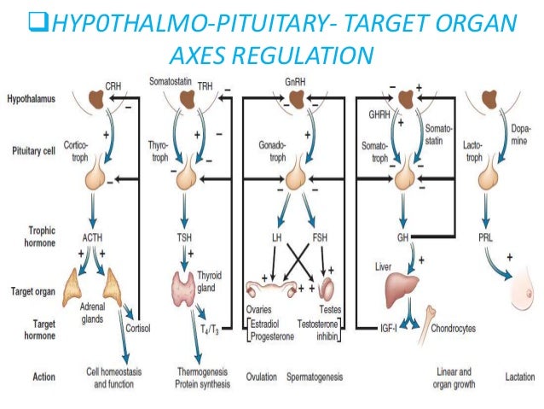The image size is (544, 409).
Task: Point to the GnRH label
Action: pos(296,84)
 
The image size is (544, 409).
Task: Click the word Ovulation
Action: pos(263,377)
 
